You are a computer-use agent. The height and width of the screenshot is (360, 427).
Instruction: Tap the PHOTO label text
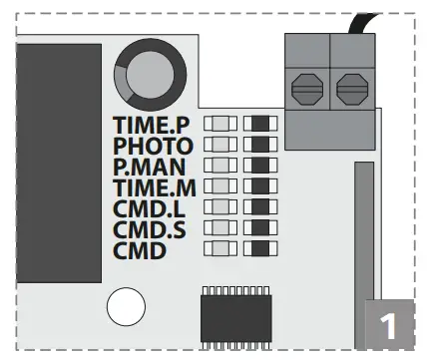pyautogui.click(x=154, y=146)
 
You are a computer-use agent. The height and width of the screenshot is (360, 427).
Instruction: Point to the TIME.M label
pyautogui.click(x=154, y=187)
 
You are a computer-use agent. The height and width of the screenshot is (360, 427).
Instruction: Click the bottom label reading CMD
pyautogui.click(x=139, y=250)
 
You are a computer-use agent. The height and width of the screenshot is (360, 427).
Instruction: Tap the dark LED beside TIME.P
pyautogui.click(x=260, y=124)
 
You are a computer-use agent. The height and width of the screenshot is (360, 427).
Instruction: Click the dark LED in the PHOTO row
pyautogui.click(x=260, y=145)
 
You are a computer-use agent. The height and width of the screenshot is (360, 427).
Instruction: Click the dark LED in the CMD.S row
pyautogui.click(x=260, y=227)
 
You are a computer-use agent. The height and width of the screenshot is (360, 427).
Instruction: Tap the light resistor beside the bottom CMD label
pyautogui.click(x=220, y=248)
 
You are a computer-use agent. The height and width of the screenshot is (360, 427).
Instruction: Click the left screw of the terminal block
pyautogui.click(x=306, y=90)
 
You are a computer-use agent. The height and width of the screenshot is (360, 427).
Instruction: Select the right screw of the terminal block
pyautogui.click(x=351, y=90)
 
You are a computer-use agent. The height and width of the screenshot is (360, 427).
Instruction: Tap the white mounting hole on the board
pyautogui.click(x=127, y=308)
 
